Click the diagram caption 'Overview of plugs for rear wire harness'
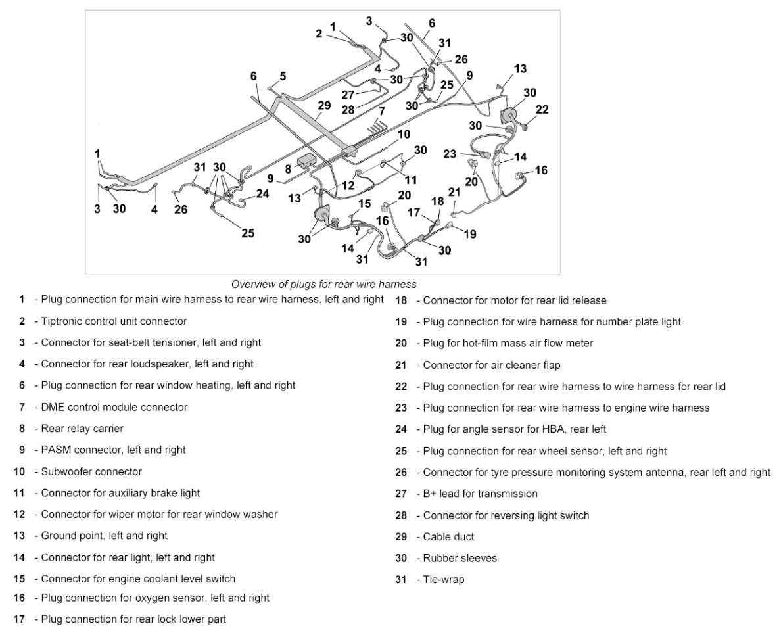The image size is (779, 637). pyautogui.click(x=323, y=284)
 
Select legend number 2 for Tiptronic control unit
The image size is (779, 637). pyautogui.click(x=22, y=321)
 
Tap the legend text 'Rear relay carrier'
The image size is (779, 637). pyautogui.click(x=82, y=429)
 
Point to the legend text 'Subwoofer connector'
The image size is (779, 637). pyautogui.click(x=91, y=471)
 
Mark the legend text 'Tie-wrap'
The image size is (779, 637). pyautogui.click(x=444, y=580)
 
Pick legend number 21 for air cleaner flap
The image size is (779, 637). pyautogui.click(x=402, y=365)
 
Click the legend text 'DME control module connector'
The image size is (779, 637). pyautogui.click(x=114, y=407)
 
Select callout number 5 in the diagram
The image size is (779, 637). pyautogui.click(x=283, y=76)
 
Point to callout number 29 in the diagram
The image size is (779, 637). pyautogui.click(x=323, y=105)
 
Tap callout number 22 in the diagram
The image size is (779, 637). pyautogui.click(x=542, y=110)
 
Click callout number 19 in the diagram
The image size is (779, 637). pyautogui.click(x=470, y=233)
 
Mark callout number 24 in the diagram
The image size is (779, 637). pyautogui.click(x=263, y=194)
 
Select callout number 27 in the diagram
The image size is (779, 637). pyautogui.click(x=348, y=94)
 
